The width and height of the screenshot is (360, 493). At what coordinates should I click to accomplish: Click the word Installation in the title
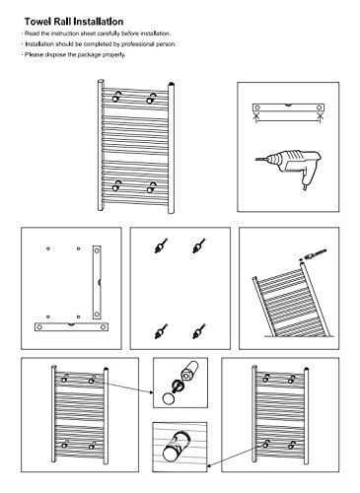pos(98,22)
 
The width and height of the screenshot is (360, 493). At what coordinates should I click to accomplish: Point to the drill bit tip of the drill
pos(256,160)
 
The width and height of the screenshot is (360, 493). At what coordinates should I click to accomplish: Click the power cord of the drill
pos(306,187)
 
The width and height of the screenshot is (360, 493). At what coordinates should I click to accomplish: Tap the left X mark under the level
pos(256,115)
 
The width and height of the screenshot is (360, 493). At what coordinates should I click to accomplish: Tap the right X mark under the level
pos(320,115)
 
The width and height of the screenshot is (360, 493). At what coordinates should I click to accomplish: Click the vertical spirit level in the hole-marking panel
pos(97,282)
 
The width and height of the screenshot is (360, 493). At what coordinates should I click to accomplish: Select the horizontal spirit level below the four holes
pos(71,326)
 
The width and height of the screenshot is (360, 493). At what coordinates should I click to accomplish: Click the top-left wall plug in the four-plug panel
pos(161,246)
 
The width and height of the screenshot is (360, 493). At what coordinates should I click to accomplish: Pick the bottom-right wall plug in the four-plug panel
pos(199,331)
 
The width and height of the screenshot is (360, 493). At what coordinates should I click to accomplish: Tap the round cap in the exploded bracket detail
pos(169,398)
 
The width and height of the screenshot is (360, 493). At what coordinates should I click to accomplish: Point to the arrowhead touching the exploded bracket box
pos(152,392)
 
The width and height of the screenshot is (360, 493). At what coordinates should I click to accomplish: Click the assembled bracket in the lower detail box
pos(177,447)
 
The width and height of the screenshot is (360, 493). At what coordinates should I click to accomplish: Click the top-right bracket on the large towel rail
pos(151,98)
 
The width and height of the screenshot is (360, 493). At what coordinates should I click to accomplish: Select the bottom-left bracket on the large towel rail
pos(116,185)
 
